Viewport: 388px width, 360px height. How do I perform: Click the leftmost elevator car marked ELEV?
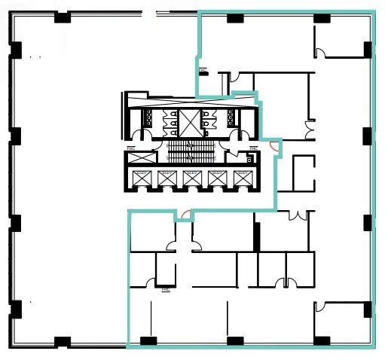(x=141, y=178)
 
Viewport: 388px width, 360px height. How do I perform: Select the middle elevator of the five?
(x=191, y=178)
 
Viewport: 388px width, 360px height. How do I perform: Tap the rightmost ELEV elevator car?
(x=242, y=178)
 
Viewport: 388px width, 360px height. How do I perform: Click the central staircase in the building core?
(x=191, y=151)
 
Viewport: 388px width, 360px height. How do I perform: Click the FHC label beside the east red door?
(x=253, y=147)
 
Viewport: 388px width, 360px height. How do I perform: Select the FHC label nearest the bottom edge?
(x=165, y=288)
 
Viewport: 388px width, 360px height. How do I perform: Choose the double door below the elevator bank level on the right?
(x=302, y=215)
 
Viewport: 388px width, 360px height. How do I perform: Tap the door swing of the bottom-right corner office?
(x=320, y=307)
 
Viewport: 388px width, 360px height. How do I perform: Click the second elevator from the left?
(x=166, y=178)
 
